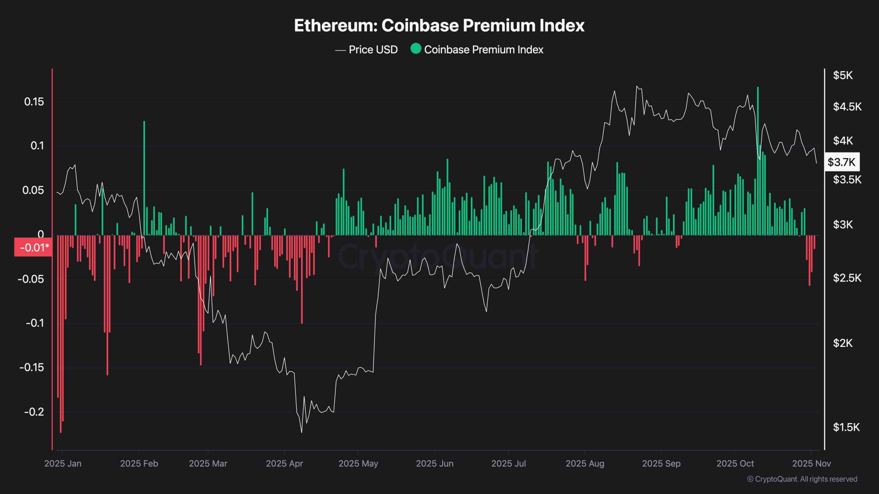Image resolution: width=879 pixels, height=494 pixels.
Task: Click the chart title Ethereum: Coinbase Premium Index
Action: tap(439, 25)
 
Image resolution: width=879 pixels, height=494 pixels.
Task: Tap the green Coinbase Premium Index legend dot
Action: tap(416, 49)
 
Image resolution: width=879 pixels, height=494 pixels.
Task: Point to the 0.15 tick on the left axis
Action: tap(34, 102)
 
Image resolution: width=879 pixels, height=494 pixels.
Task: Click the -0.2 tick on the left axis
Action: tap(34, 412)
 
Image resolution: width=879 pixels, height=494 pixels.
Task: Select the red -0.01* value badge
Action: tap(33, 247)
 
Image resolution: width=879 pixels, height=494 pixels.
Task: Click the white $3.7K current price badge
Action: tap(842, 162)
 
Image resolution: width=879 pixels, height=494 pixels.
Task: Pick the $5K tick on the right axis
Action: tap(843, 75)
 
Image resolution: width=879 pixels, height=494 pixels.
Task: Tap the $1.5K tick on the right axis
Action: tap(846, 427)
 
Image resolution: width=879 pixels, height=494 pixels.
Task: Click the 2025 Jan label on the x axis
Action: tap(63, 463)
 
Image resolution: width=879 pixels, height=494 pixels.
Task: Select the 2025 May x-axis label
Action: tap(358, 463)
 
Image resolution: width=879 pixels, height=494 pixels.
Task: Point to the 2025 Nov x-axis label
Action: tap(811, 463)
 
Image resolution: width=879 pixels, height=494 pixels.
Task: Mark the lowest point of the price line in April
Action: tap(302, 432)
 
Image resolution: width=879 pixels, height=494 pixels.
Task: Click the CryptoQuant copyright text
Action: tap(802, 479)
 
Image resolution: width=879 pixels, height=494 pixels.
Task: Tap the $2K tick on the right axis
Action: tap(843, 343)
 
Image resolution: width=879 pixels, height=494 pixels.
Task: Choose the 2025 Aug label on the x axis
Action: tap(585, 463)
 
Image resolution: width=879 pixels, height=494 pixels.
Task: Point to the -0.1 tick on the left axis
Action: tap(35, 323)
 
